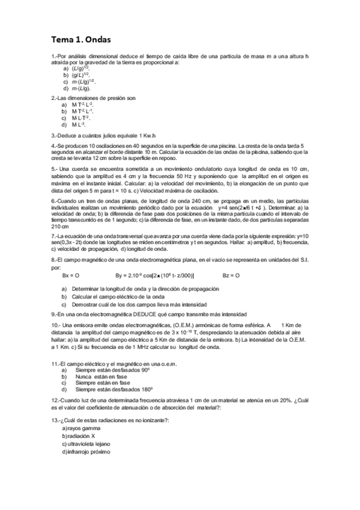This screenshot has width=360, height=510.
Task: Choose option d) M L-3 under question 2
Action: point(78,124)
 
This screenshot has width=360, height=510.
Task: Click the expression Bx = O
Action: point(70,275)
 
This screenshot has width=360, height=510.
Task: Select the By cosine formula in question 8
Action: point(154,275)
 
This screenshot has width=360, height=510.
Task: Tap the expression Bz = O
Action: point(230,275)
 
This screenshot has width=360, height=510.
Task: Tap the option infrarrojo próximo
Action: point(88,451)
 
